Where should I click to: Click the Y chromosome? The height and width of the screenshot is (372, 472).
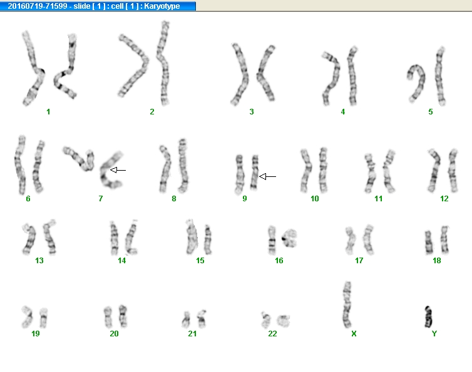(428, 317)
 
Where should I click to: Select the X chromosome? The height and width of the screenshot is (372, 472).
(347, 304)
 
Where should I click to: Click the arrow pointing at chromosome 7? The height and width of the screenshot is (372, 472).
(118, 170)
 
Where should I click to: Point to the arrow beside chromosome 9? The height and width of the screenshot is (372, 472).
(267, 176)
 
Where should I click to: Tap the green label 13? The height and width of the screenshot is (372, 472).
(39, 261)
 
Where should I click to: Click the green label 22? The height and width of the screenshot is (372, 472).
(272, 333)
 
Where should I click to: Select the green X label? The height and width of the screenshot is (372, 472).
(354, 333)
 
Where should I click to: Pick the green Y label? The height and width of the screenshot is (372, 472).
(434, 333)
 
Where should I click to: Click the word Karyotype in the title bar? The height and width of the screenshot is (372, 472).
(162, 6)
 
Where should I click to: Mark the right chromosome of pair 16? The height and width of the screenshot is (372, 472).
(290, 238)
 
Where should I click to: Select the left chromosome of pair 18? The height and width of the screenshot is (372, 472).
(428, 243)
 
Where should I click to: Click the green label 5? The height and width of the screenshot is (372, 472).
(431, 112)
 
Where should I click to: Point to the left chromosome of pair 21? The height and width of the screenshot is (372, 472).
(186, 320)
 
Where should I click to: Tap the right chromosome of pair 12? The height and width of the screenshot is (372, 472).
(453, 171)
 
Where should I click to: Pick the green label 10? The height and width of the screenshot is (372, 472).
(315, 199)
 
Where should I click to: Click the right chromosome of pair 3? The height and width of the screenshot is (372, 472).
(265, 73)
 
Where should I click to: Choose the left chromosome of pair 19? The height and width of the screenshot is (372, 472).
(27, 317)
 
